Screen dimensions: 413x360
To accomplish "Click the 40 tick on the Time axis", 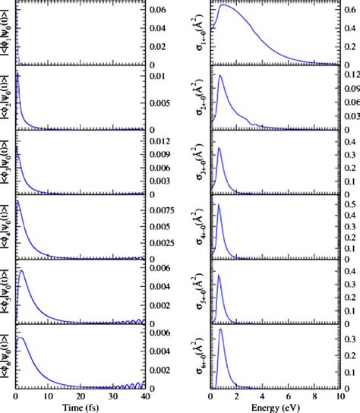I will coord(144,396).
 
